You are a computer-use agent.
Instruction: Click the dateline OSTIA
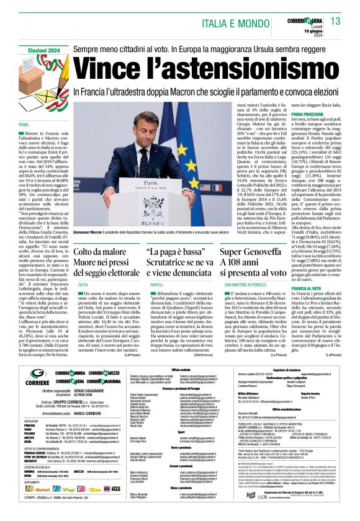pyautogui.click(x=83, y=283)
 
